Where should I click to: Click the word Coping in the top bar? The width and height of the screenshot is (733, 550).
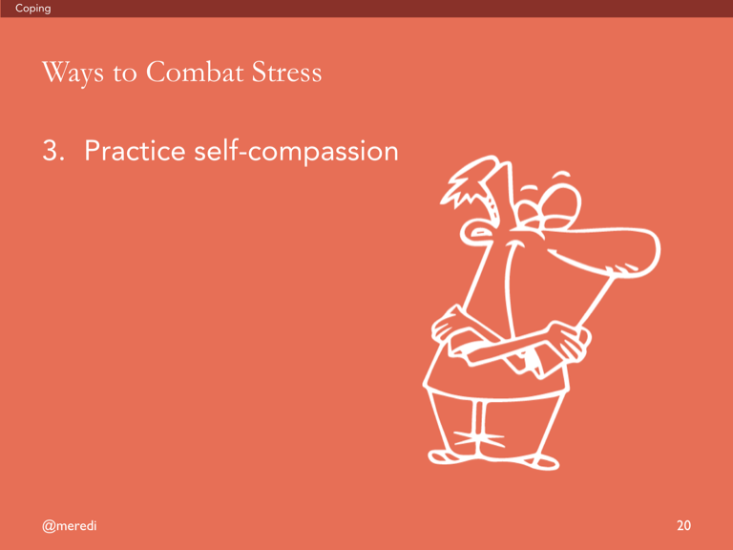[x=32, y=9]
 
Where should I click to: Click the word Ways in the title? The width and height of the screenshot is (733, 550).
[x=73, y=73]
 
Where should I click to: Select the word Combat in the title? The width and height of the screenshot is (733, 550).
[x=195, y=72]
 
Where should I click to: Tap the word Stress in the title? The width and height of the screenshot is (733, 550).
[x=286, y=73]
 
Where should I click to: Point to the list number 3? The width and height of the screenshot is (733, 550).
[x=53, y=151]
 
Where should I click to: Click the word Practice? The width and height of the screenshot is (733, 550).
[x=136, y=151]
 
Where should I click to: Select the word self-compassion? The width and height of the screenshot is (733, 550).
[x=296, y=151]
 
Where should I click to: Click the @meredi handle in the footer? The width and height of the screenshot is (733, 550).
[x=69, y=526]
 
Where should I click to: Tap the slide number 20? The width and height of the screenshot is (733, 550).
[x=683, y=525]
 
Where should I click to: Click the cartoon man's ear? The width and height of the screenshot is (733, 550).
[x=476, y=232]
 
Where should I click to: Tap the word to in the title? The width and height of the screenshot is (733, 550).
[x=125, y=74]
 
